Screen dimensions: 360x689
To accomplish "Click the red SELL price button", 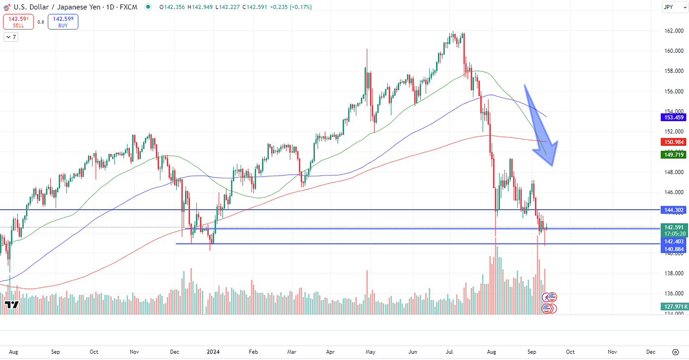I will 18,22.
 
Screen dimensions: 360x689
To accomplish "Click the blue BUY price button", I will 63,22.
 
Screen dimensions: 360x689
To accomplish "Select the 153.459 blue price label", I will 674,117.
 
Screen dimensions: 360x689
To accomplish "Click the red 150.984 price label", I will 674,142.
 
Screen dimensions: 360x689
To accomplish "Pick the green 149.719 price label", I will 674,155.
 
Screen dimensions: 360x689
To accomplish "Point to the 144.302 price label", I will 674,210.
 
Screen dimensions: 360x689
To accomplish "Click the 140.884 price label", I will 674,249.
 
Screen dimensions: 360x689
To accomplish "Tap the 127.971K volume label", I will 674,307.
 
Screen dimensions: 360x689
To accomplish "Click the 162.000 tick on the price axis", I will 673,31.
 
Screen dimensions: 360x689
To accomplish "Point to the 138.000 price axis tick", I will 673,273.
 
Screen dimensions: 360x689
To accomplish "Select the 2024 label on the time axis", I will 213,352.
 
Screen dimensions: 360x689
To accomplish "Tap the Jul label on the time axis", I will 449,352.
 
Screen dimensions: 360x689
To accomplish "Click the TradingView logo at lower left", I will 12,305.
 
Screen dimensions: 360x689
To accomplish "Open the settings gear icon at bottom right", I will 675,352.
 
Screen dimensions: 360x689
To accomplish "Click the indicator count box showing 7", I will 11,37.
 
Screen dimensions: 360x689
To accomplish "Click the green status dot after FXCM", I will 148,7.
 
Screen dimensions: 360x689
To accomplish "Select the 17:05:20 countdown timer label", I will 674,234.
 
